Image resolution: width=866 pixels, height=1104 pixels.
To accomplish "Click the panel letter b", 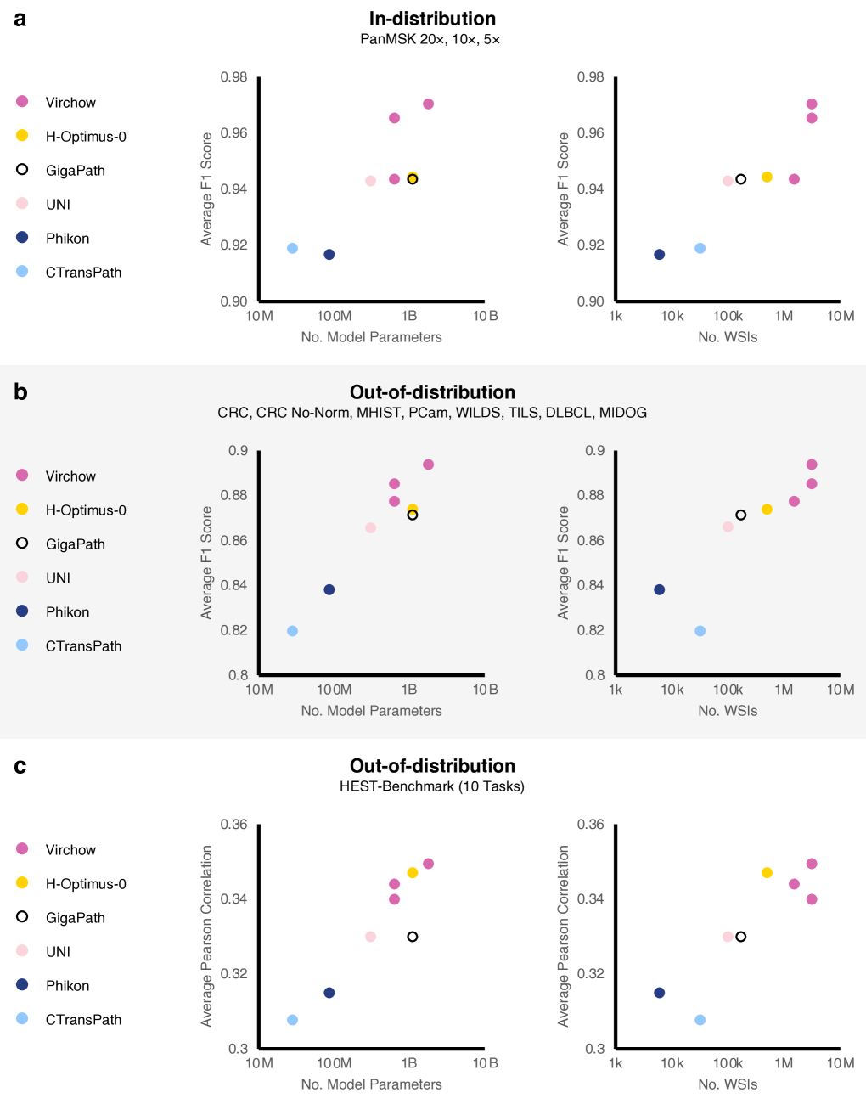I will pos(20,392).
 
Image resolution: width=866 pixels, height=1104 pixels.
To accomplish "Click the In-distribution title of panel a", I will pos(432,19).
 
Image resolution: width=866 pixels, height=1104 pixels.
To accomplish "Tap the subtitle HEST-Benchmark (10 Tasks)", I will pos(432,786).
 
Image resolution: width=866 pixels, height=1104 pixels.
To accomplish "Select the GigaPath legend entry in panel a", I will pos(75,171).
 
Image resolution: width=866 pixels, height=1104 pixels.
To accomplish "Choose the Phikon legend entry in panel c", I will pos(67,986).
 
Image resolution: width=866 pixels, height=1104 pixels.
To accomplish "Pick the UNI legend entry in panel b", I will pos(58,578).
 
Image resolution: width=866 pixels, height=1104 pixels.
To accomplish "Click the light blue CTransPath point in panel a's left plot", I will pos(293,249).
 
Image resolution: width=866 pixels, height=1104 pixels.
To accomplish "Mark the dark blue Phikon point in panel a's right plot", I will pos(660,255).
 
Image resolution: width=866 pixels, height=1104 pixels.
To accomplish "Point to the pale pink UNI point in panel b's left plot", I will pos(371,528).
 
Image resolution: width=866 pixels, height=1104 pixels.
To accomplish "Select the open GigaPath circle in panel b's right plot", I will pos(741,515).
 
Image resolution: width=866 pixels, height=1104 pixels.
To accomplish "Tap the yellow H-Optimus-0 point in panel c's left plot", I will pos(413,873).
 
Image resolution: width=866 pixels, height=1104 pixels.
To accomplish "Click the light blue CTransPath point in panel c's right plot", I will pos(700,1020).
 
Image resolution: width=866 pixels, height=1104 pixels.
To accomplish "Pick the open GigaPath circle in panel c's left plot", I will pos(413,937).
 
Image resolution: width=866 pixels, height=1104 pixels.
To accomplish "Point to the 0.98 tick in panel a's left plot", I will pos(234,77).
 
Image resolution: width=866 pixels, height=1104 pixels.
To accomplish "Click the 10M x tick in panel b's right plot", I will pos(841,690).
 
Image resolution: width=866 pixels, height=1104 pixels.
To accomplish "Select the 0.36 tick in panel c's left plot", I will pos(234,825).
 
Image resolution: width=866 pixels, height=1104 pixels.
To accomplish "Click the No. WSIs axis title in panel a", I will pos(728,337).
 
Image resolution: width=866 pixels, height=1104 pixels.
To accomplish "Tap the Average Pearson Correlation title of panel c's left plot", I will pos(207,936).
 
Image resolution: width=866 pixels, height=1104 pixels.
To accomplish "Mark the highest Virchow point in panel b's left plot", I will pos(429,465).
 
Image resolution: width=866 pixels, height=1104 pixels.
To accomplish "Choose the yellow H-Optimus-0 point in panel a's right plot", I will pos(768,177).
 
